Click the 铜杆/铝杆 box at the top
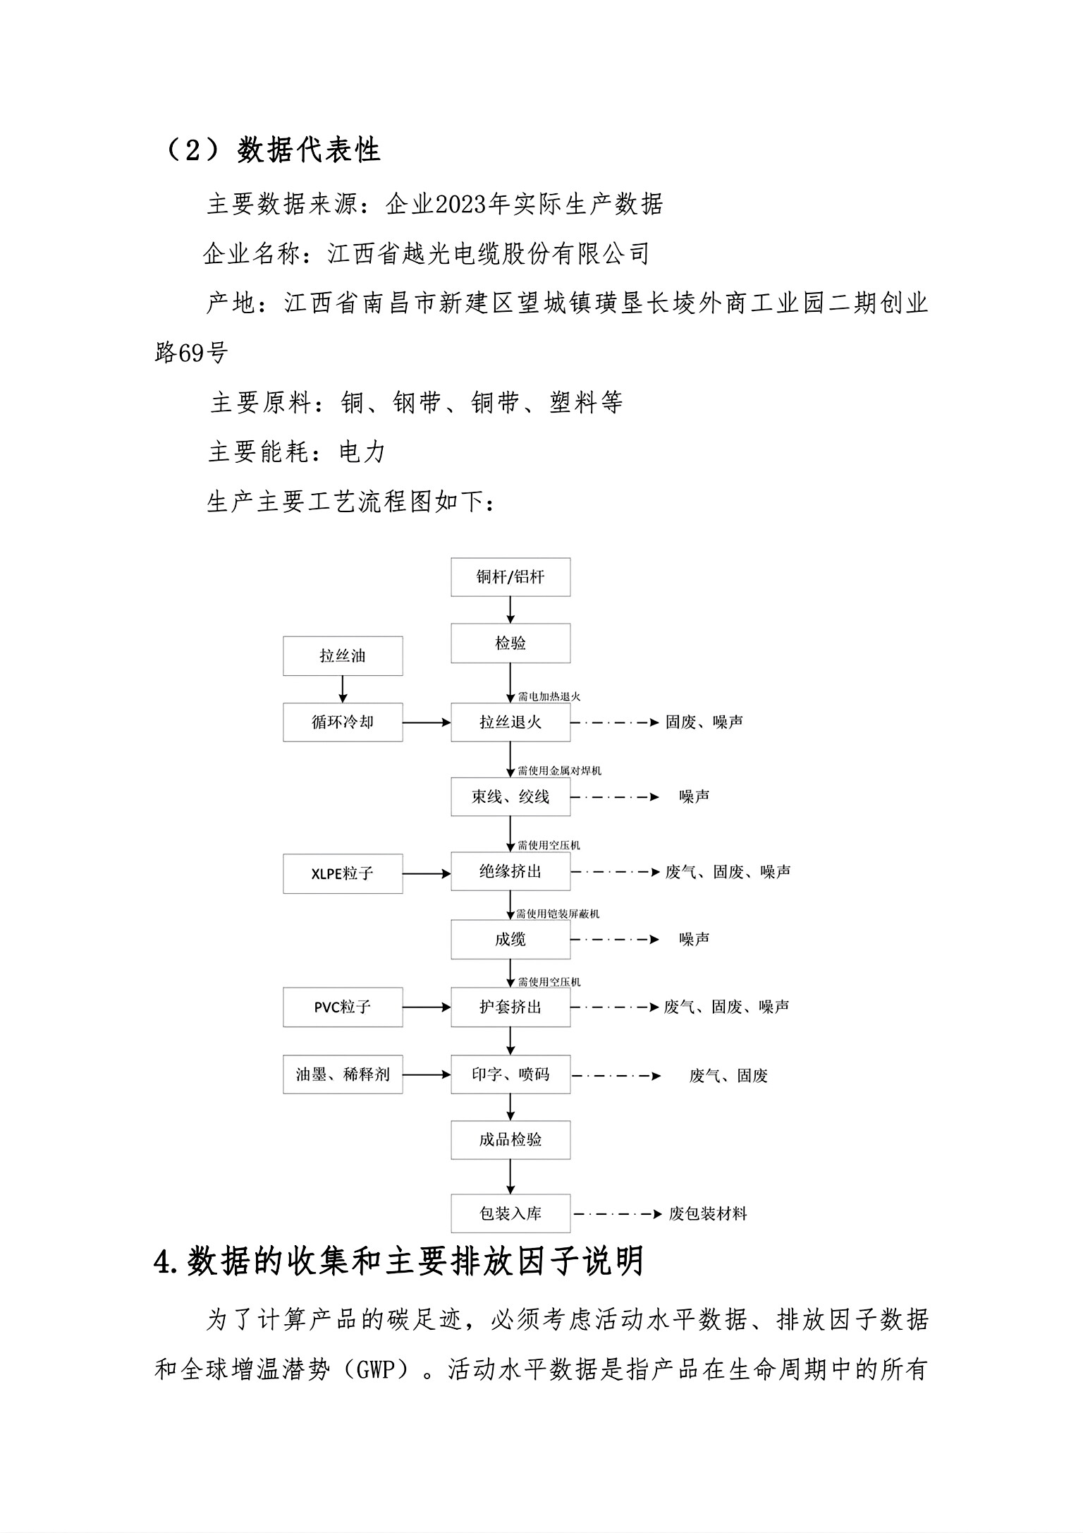coord(510,577)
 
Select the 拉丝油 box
coord(343,656)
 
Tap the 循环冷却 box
coord(343,722)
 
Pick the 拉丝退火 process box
coord(510,722)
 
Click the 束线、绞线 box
coord(510,797)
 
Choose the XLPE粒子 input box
coord(343,873)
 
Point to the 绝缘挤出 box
coord(510,872)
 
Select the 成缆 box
coord(510,940)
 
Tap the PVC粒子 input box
coord(343,1007)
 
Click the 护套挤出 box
coord(510,1007)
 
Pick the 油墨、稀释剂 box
coord(343,1074)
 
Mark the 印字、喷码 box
coord(510,1074)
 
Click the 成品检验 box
coord(510,1140)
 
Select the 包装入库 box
coord(510,1213)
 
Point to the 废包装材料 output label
coord(707,1214)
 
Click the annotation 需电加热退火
coord(549,697)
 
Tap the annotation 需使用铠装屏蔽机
coord(558,914)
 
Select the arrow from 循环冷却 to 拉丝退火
coord(427,722)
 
